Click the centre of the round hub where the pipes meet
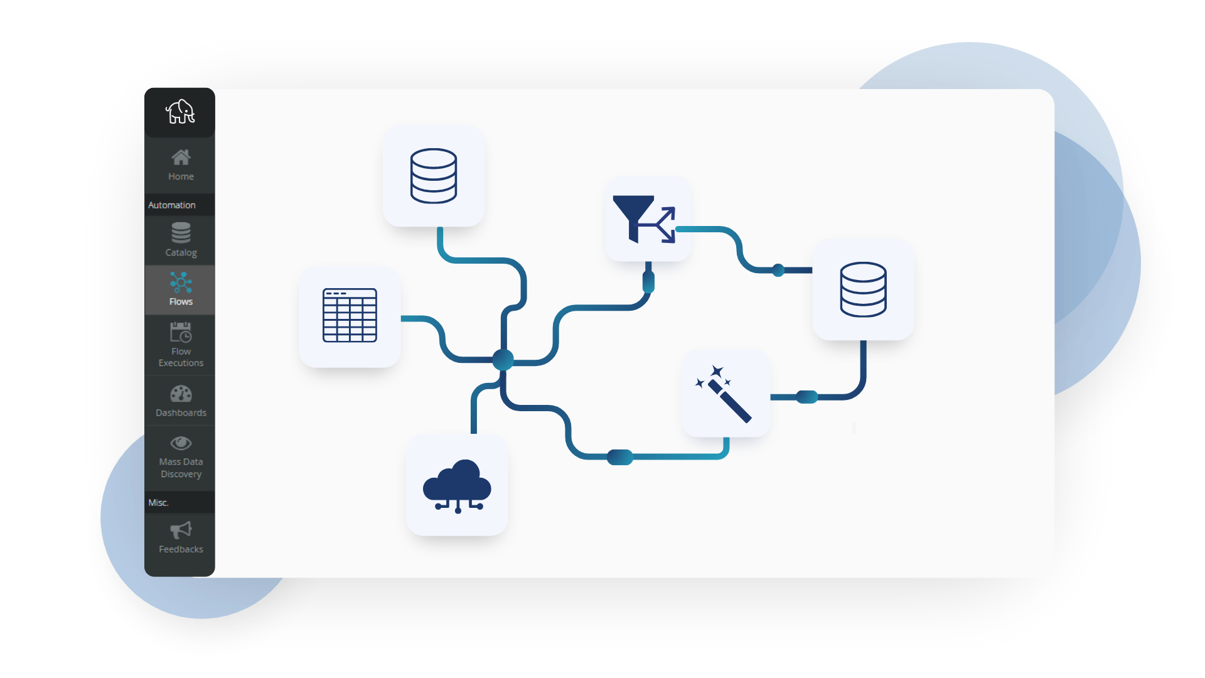point(503,360)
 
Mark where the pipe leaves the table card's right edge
point(401,318)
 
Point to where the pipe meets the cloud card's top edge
point(474,434)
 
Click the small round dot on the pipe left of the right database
point(778,270)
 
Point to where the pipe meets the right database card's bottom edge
point(864,341)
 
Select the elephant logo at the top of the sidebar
point(180,112)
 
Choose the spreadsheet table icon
point(350,315)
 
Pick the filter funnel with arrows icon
point(644,219)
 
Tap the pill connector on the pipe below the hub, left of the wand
point(620,457)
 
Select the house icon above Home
point(181,157)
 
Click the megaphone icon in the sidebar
point(181,530)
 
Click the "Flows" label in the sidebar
point(181,301)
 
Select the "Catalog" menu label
point(181,252)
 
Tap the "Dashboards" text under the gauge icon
point(181,412)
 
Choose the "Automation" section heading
point(172,205)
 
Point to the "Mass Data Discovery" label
point(181,468)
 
